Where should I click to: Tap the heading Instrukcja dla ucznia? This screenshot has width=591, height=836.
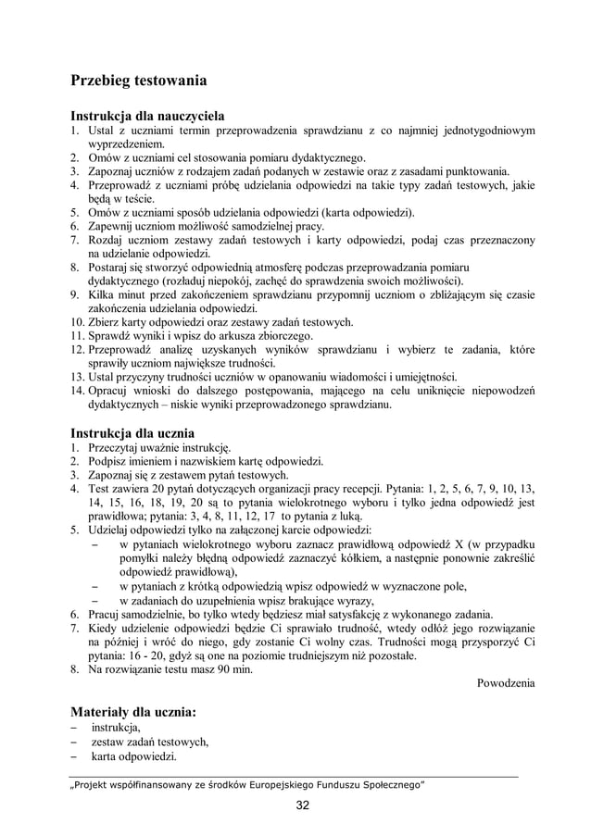click(132, 431)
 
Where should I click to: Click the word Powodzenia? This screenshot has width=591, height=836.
click(505, 683)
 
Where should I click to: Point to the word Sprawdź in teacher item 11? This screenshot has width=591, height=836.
click(111, 336)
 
